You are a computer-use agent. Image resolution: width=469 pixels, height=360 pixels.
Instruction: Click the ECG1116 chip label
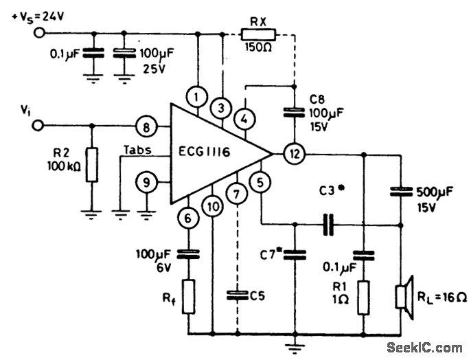(212, 153)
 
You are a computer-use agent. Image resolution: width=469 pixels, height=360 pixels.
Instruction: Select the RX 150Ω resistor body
(259, 32)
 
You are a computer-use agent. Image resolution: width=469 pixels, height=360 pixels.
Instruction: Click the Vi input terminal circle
(40, 126)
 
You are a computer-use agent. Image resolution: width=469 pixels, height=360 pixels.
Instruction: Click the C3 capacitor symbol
(328, 224)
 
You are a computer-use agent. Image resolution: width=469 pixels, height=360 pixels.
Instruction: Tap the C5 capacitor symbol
(237, 295)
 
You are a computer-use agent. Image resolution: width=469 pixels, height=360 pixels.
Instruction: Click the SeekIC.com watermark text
(425, 347)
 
